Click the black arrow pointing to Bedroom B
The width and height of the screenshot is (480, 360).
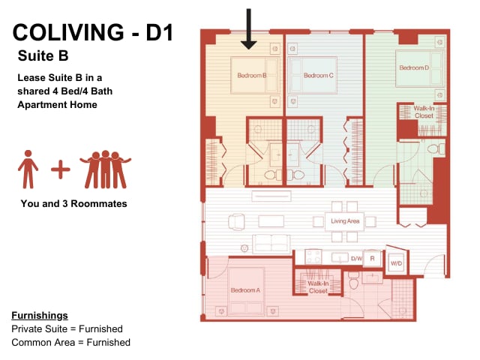[x=248, y=29]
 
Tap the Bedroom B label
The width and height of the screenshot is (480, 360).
[x=252, y=75]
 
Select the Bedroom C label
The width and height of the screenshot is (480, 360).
[x=318, y=75]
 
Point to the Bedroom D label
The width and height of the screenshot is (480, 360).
[x=414, y=67]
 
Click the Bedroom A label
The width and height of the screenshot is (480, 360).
[x=245, y=290]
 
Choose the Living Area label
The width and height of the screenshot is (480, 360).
[x=345, y=221]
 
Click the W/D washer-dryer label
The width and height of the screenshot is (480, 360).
[x=397, y=263]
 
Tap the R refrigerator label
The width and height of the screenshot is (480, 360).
[x=372, y=259]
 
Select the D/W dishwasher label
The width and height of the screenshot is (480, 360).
[x=356, y=259]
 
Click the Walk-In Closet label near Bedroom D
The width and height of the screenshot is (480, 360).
[x=424, y=112]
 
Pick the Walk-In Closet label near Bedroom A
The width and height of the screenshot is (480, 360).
[x=318, y=287]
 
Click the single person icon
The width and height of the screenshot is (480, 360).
[x=28, y=169]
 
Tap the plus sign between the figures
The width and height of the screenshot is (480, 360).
[x=61, y=169]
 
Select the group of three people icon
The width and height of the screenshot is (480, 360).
[x=105, y=169]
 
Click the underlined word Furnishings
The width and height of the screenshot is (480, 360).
[x=40, y=316]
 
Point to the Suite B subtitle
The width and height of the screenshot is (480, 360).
[x=43, y=55]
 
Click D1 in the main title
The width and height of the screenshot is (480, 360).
[x=160, y=32]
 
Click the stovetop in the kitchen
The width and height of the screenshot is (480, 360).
[x=313, y=256]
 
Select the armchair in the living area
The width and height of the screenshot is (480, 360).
[x=236, y=222]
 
